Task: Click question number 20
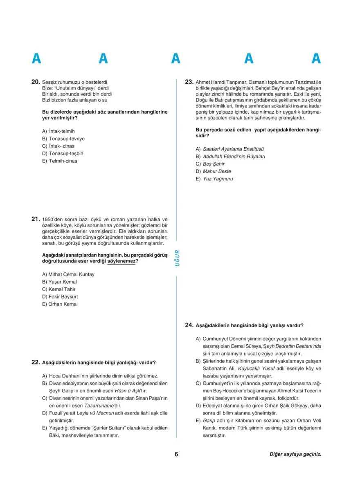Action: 36,82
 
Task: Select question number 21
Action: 36,219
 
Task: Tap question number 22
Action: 36,362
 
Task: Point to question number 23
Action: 189,82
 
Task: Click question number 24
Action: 189,325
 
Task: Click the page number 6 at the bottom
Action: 176,455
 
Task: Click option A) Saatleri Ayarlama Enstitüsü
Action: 229,149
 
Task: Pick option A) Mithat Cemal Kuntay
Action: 68,274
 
